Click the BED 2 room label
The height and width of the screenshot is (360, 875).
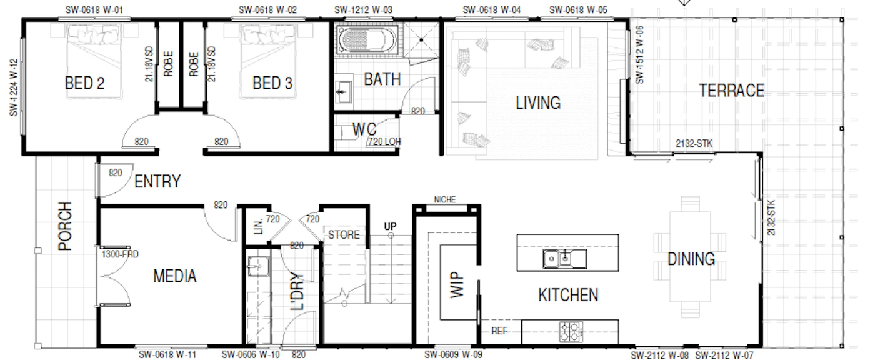tap(85, 83)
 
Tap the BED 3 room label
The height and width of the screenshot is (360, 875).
tap(272, 83)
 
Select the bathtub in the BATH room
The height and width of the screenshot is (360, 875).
tap(367, 39)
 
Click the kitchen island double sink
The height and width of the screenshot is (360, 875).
tap(564, 259)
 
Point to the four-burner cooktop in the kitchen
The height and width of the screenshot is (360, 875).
tap(571, 331)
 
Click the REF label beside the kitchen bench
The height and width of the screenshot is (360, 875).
tap(499, 331)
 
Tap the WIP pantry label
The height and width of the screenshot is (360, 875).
tap(457, 284)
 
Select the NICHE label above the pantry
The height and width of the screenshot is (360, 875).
tap(445, 199)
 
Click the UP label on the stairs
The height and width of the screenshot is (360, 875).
tap(390, 226)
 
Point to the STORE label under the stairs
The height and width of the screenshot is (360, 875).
tap(344, 234)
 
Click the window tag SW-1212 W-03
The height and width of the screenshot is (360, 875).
tap(363, 10)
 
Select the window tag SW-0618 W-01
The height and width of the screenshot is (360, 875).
tap(94, 10)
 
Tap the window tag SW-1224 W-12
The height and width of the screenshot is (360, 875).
tap(14, 87)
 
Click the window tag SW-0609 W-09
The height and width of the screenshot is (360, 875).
tap(454, 354)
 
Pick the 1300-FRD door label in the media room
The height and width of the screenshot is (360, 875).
tap(120, 254)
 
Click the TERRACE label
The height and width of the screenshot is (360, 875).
tap(732, 91)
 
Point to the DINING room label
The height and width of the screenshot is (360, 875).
tap(691, 259)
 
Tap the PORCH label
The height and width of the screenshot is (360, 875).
tap(65, 226)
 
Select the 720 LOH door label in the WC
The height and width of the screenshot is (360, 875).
tap(384, 141)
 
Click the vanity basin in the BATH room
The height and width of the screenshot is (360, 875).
tap(344, 92)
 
